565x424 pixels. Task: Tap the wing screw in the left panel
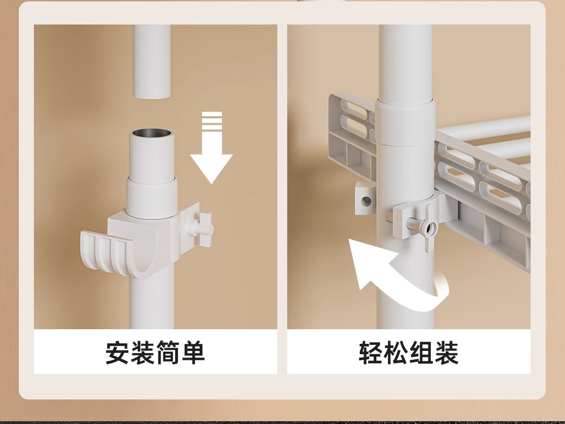point(203,229)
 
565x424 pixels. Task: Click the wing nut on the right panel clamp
point(429,228)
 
